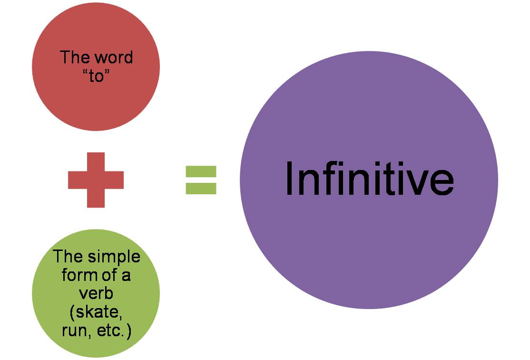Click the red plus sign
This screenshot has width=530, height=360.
tap(96, 180)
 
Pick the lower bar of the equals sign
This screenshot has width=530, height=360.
tap(201, 189)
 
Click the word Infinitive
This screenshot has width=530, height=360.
tap(369, 180)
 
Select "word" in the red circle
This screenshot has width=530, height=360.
tap(114, 58)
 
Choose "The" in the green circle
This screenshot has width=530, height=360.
tap(68, 257)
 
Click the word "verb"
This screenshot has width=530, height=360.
tap(96, 293)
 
